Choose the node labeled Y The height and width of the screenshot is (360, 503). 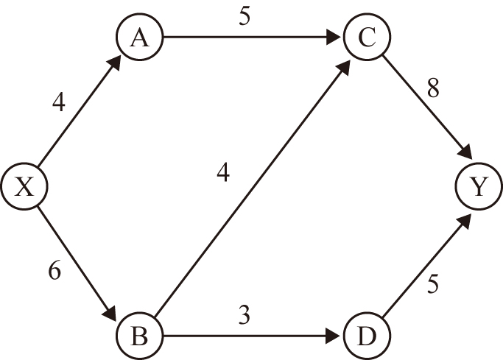(479, 188)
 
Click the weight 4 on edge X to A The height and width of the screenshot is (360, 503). (59, 102)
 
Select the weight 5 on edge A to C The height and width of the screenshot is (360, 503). (245, 17)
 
